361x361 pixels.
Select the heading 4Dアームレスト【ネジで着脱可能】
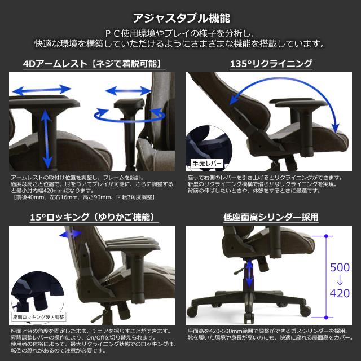pyautogui.click(x=93, y=64)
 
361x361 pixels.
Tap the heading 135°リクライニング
pyautogui.click(x=271, y=64)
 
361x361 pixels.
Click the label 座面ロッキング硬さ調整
pyautogui.click(x=39, y=317)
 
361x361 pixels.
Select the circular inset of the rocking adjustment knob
pyautogui.click(x=32, y=293)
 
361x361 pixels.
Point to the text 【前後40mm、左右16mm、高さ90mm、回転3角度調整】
pyautogui.click(x=77, y=197)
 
